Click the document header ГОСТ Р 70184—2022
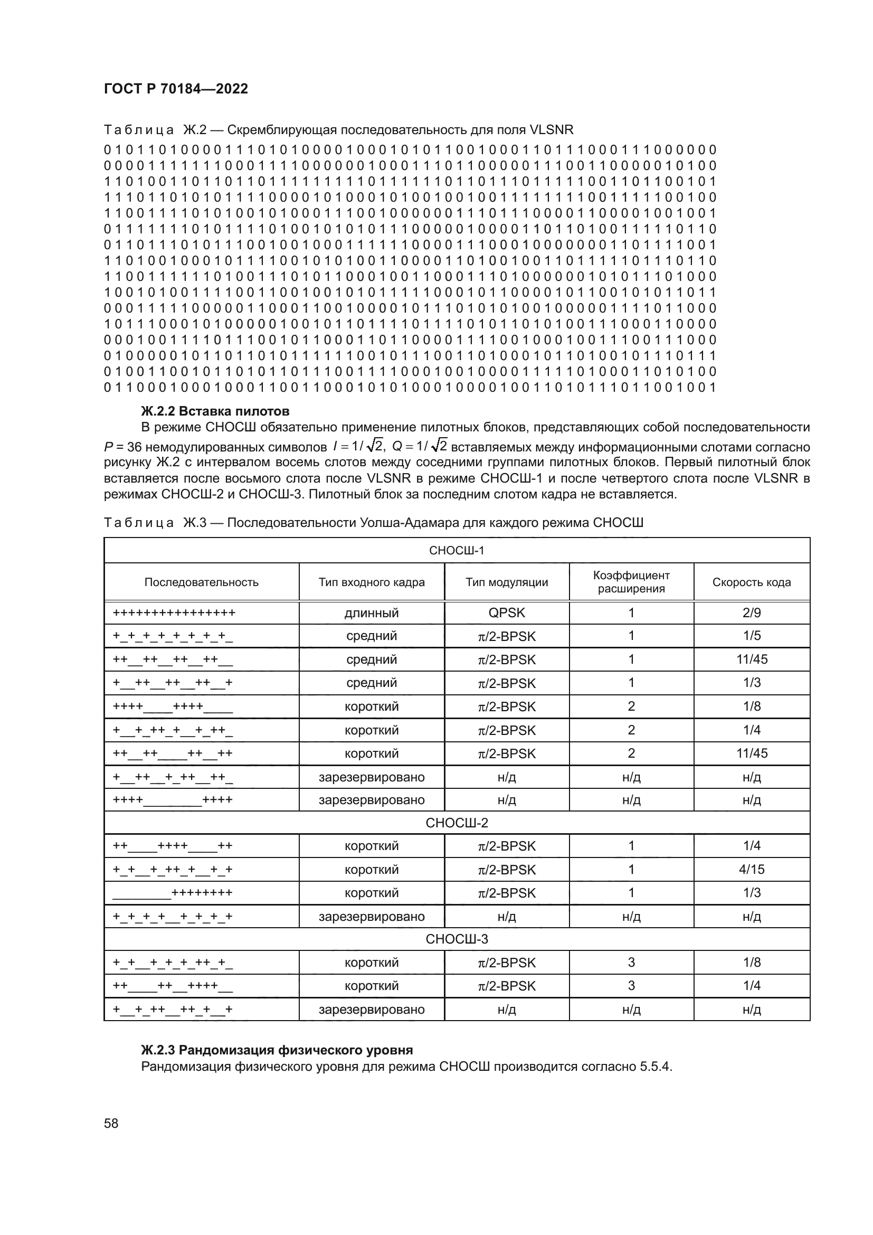pos(176,89)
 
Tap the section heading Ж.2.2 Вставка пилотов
pos(215,411)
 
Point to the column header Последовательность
pos(201,582)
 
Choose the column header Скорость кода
pos(751,582)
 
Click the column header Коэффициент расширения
pos(631,582)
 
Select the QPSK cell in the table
pos(506,613)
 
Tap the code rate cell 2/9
pos(752,613)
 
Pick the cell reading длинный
pos(372,613)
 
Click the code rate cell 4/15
pos(752,870)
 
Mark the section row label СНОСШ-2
pos(457,823)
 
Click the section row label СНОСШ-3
pos(457,939)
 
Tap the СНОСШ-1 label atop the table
pos(457,550)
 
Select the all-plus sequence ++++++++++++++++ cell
pos(174,613)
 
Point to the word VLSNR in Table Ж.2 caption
pos(552,130)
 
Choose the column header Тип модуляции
pos(506,582)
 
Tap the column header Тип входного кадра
pos(372,582)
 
